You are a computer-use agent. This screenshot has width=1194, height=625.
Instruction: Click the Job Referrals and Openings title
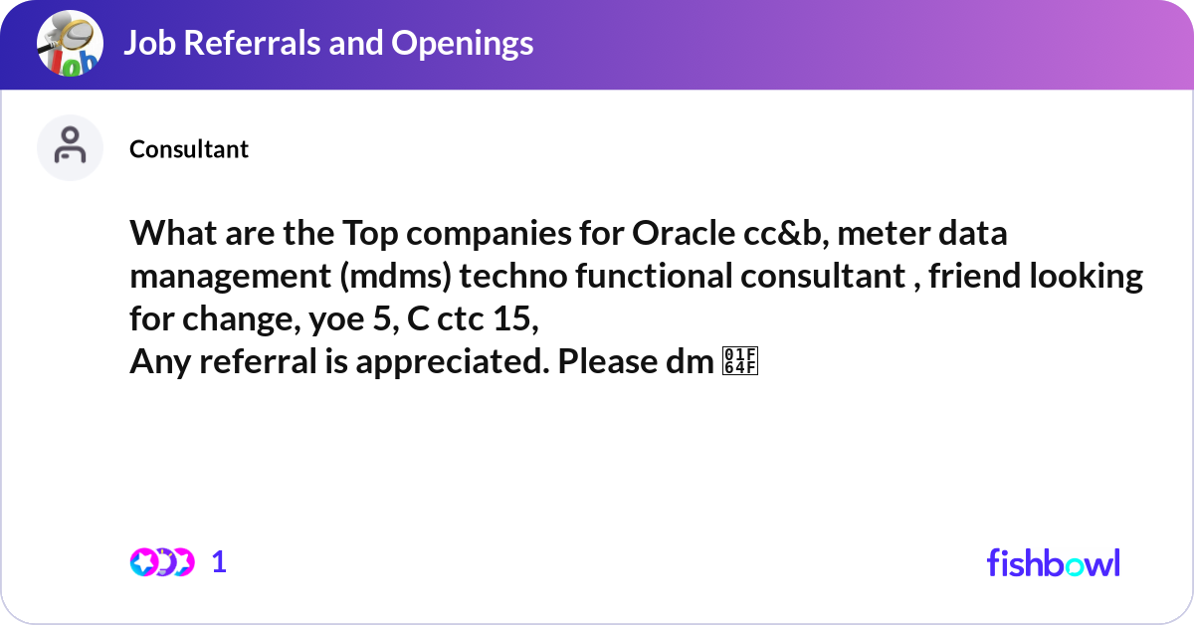click(328, 43)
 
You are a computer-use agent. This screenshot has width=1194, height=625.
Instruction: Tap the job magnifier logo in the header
click(70, 44)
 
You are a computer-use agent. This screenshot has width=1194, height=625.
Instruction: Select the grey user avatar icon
click(70, 147)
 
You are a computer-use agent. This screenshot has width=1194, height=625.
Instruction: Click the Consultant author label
click(189, 149)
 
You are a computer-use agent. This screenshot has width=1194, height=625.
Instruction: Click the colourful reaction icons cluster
click(161, 562)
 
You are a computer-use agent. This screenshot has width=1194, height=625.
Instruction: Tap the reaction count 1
click(220, 562)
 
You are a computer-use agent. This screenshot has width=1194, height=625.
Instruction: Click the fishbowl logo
click(1054, 562)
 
